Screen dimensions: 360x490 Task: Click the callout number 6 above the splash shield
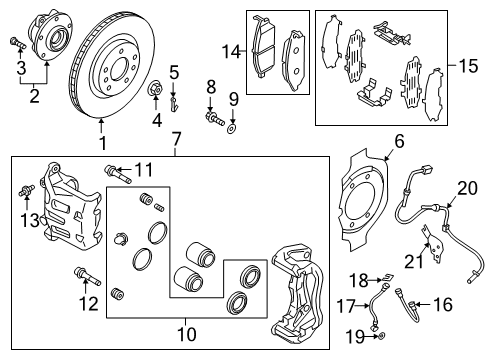398,142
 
